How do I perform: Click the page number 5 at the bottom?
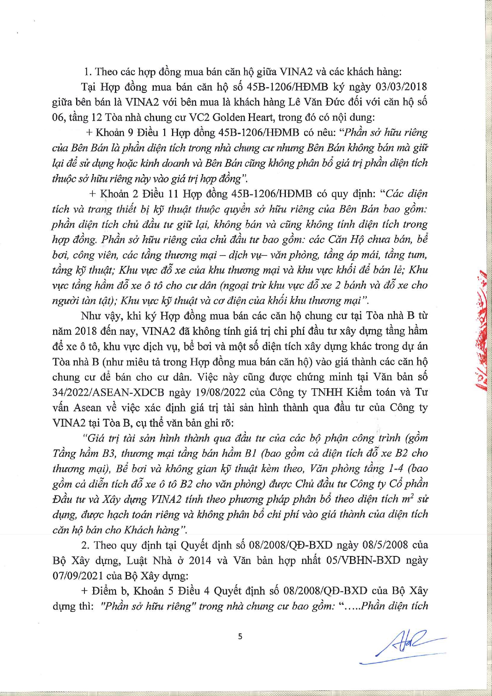tap(240, 636)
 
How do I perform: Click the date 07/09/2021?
tap(75, 575)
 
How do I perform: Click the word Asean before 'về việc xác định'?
tap(88, 408)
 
